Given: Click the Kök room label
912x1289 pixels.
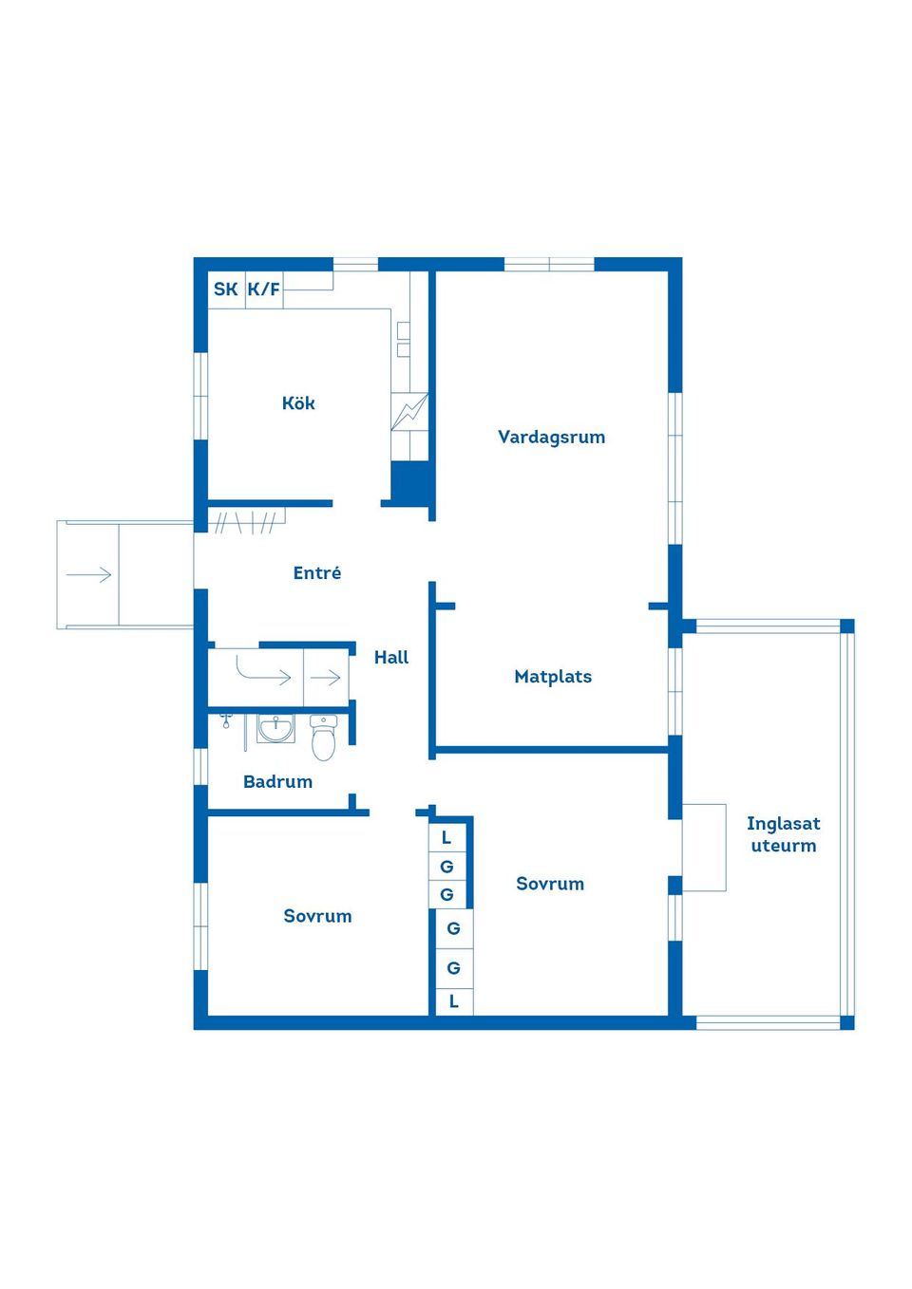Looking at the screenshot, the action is tap(298, 402).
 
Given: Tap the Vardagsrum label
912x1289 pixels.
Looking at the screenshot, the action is tap(551, 438).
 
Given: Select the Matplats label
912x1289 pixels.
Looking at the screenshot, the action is tap(553, 676).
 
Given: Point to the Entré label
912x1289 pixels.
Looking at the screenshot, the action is tap(316, 572).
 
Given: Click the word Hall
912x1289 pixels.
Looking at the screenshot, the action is tap(391, 657).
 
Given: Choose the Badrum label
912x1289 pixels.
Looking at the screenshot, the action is tap(277, 781).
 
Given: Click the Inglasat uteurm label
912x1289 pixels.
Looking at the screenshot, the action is tap(783, 834).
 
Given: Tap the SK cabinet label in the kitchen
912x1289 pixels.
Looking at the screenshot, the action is tap(225, 289).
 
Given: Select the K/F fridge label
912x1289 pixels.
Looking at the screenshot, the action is tap(264, 289).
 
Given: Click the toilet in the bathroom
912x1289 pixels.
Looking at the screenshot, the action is tap(323, 737).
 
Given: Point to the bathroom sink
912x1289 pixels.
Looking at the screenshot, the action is tap(275, 728).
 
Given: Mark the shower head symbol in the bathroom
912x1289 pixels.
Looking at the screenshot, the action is tap(226, 720).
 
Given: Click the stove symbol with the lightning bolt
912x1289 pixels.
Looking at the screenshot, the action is tap(409, 411).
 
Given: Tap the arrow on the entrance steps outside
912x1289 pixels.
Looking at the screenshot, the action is tap(88, 574).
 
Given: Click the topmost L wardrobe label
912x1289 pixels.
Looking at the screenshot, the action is tap(446, 838).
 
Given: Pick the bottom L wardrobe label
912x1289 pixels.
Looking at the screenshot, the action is tap(454, 1001).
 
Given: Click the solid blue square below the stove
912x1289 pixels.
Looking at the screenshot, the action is tap(410, 480).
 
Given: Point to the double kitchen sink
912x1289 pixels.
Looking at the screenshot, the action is tap(404, 340).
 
